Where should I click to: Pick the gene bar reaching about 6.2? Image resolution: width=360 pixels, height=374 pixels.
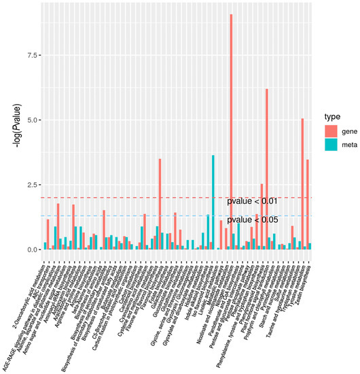tap(267, 170)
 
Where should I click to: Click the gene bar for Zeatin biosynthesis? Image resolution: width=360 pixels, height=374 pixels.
tap(308, 204)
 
